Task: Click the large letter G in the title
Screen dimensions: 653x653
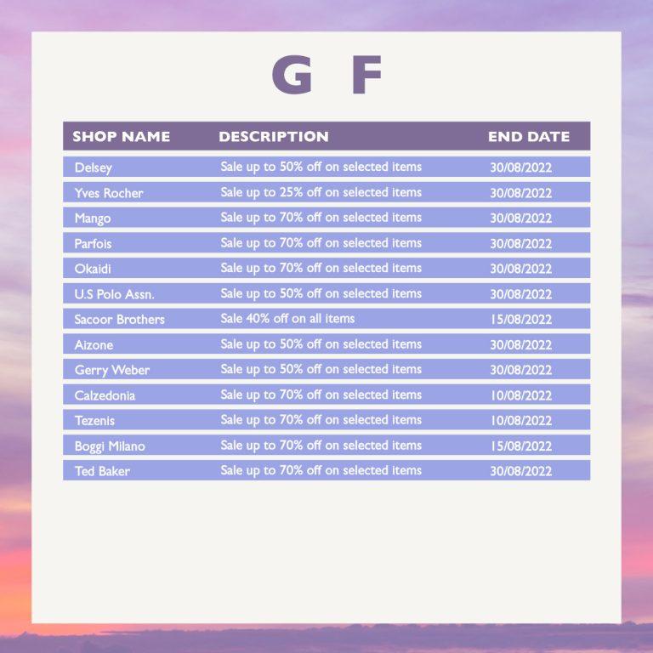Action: click(292, 75)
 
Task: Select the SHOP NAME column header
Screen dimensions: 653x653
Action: click(122, 137)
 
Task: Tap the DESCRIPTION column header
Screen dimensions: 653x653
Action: click(274, 137)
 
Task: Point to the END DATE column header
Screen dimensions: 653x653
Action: click(529, 137)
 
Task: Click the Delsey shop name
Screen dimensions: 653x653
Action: click(94, 168)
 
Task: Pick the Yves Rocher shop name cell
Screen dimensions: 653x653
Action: click(109, 193)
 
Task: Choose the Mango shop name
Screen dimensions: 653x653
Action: click(93, 219)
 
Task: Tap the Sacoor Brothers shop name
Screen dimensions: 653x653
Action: click(120, 320)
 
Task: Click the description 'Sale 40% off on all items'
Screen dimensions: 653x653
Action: click(287, 319)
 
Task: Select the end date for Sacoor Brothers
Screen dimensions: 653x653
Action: click(520, 320)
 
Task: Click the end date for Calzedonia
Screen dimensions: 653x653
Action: click(520, 395)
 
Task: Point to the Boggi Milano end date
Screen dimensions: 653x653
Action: click(520, 446)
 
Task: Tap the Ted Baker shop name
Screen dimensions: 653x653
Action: click(102, 471)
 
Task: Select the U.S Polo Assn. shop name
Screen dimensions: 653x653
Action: click(115, 294)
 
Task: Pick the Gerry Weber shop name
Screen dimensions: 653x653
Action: click(112, 370)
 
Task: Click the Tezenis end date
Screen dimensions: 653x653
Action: click(520, 421)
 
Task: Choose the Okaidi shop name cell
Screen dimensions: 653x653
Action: click(93, 269)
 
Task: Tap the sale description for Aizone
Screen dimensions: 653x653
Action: click(321, 344)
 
